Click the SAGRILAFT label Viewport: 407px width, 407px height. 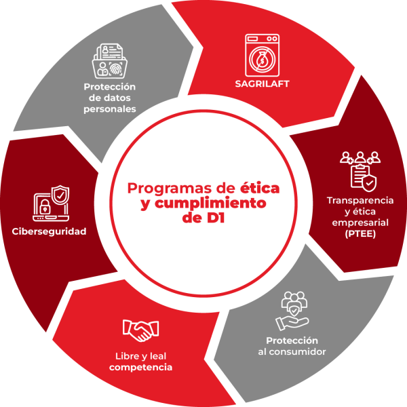(262, 84)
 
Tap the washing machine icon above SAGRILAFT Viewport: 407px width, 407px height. (262, 55)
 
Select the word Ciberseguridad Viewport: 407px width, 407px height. (49, 231)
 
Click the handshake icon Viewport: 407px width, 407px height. (140, 330)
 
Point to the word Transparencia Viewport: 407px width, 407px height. (360, 200)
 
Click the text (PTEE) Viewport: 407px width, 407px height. (360, 234)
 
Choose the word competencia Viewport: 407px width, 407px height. (140, 367)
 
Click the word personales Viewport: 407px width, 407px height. (110, 109)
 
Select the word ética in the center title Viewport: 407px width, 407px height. (260, 188)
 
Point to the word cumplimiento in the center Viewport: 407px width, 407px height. (210, 203)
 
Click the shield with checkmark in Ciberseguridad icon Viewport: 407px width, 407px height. (60, 194)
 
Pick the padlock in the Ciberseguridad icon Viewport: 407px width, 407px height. (45, 207)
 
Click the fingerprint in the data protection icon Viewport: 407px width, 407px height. (115, 69)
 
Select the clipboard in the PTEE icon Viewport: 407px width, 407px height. (360, 176)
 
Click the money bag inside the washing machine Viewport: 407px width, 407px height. (262, 60)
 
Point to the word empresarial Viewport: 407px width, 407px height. (360, 222)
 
